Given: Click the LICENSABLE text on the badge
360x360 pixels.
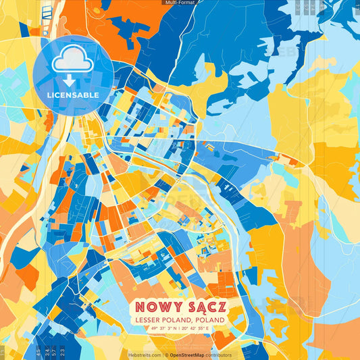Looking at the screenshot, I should coord(74,95).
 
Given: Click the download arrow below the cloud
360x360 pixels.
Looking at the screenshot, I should coord(73,80).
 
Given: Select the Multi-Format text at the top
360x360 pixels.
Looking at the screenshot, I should coord(180,3).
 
